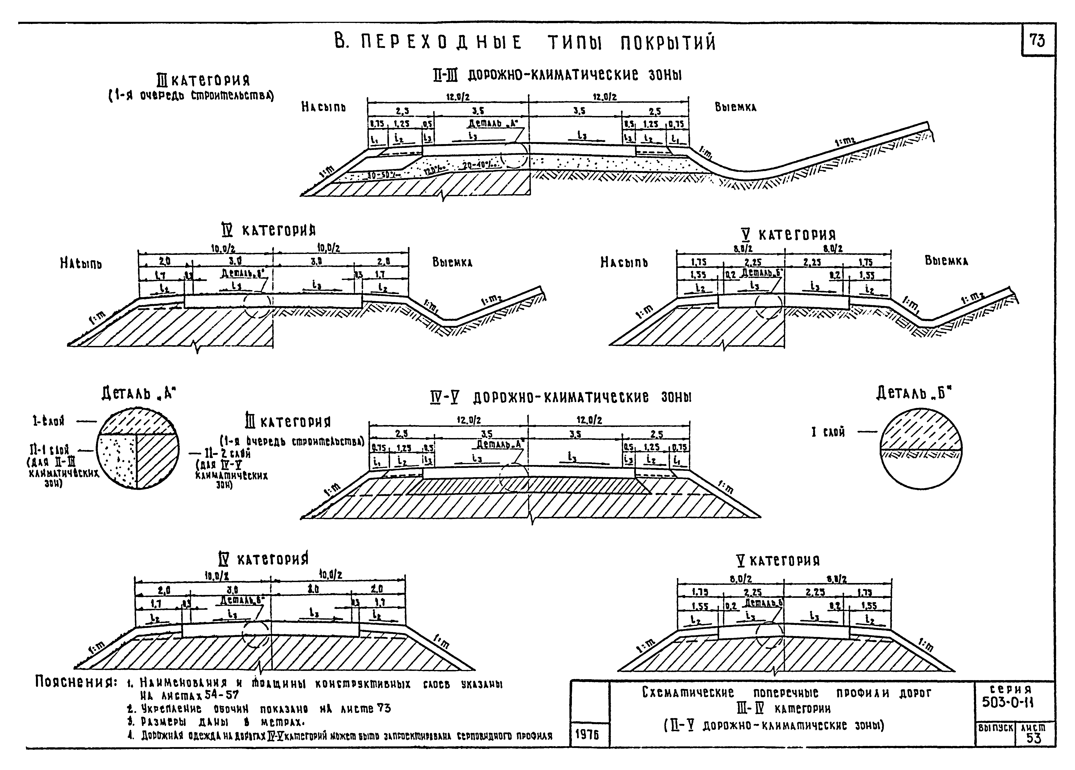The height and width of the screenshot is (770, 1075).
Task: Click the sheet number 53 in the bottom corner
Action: point(1034,738)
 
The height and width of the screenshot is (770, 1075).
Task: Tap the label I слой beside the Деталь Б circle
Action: point(828,432)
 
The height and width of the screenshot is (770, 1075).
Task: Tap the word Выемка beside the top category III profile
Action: point(736,108)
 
